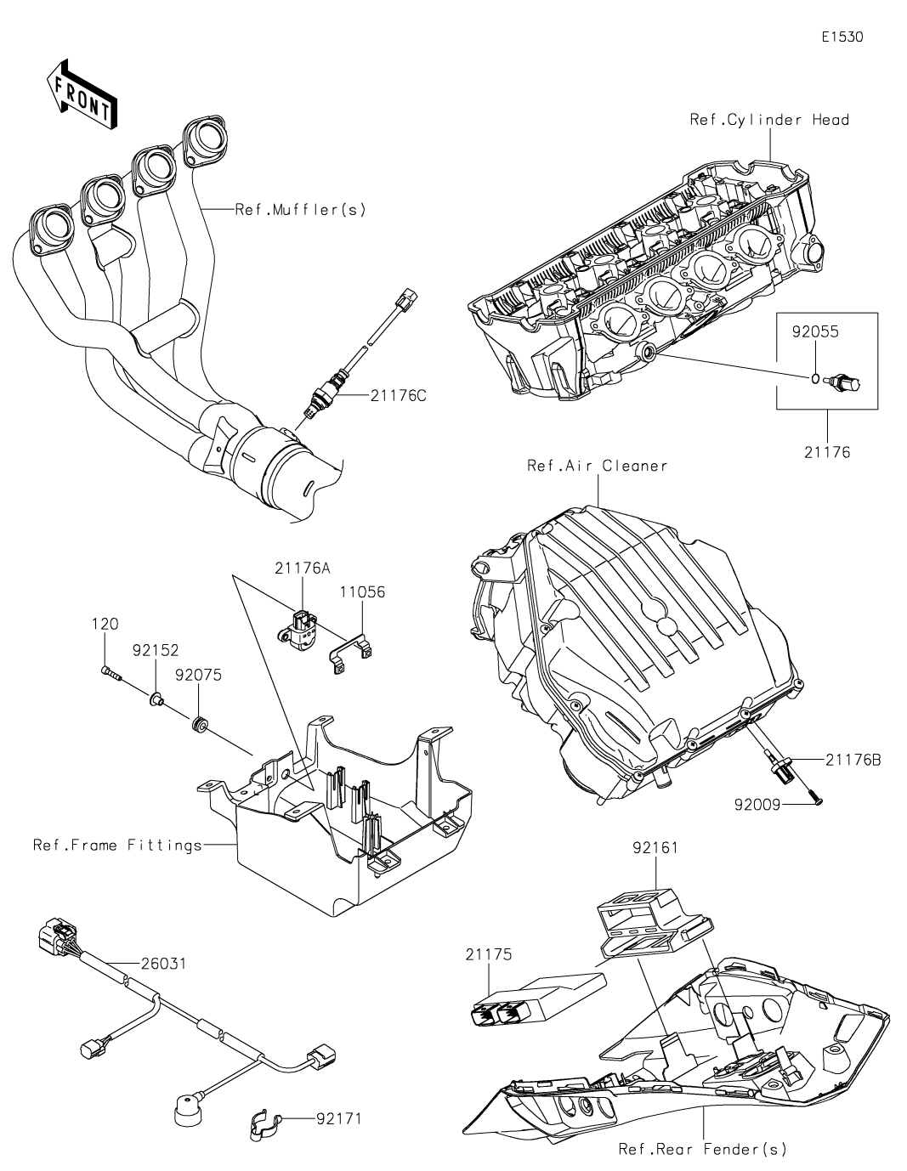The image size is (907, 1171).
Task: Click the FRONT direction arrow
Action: click(82, 93)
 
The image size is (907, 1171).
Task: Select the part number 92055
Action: click(815, 332)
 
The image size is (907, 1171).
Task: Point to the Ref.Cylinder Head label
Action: click(769, 120)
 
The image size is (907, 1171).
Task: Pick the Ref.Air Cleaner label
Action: click(598, 466)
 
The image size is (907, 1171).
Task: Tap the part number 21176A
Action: click(302, 569)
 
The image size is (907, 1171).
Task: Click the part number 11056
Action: click(363, 591)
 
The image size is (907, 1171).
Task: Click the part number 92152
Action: click(156, 650)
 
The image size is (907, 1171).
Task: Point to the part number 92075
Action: click(198, 676)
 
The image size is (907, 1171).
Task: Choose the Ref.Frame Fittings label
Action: click(118, 845)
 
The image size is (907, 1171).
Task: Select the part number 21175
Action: click(489, 954)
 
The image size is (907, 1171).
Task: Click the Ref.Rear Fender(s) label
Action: click(702, 1149)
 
